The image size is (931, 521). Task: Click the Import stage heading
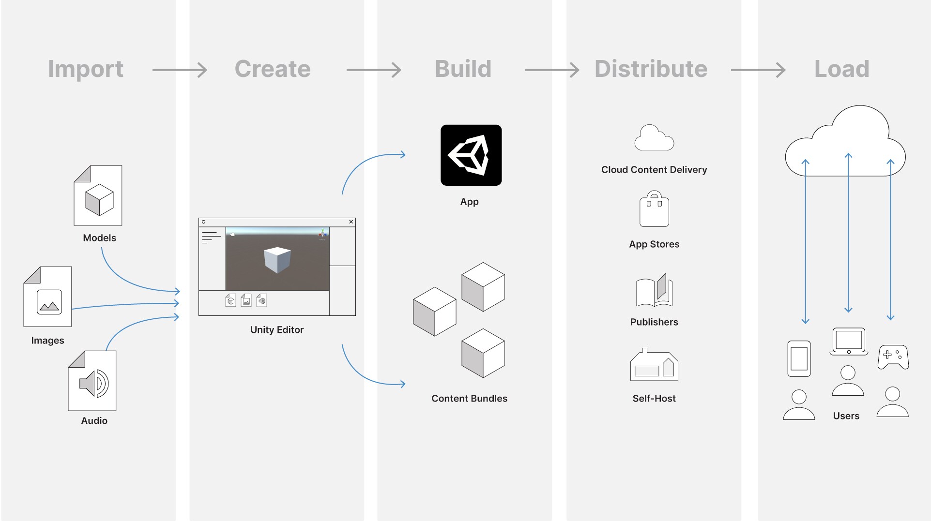click(x=86, y=69)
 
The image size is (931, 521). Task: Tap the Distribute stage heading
click(x=651, y=69)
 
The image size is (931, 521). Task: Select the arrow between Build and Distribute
click(x=551, y=70)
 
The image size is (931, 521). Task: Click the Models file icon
click(x=98, y=195)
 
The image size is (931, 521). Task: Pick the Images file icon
click(x=48, y=297)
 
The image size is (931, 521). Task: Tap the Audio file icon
click(x=92, y=381)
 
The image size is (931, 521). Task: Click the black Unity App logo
click(x=471, y=155)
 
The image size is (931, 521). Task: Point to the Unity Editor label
click(x=277, y=330)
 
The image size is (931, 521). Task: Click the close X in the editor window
click(x=351, y=222)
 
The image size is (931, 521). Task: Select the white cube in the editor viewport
click(x=277, y=259)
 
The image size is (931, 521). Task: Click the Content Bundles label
click(x=469, y=399)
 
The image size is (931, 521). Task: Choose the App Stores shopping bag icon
click(x=654, y=209)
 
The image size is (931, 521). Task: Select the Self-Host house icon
click(x=654, y=365)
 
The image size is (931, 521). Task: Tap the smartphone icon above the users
click(x=799, y=358)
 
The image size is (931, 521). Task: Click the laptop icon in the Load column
click(x=849, y=342)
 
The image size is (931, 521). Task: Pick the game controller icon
click(x=893, y=357)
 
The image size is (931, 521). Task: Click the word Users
click(x=846, y=416)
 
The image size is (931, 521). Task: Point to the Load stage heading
click(x=841, y=69)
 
